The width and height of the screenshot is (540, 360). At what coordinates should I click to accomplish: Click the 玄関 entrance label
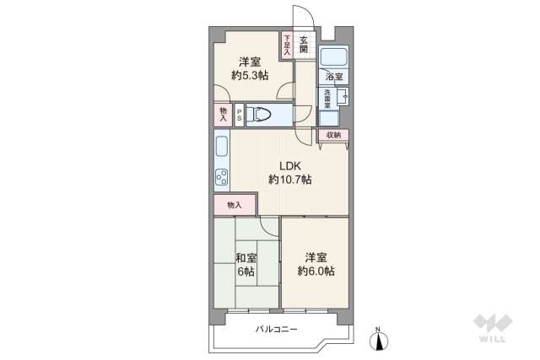305,43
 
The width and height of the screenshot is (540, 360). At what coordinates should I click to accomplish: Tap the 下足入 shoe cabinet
287,45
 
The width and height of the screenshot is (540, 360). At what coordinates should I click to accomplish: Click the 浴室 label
335,78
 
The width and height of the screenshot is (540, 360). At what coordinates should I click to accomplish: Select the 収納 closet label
332,135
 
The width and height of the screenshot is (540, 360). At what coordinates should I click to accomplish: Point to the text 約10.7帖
290,179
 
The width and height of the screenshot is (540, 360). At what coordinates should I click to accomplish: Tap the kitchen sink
221,148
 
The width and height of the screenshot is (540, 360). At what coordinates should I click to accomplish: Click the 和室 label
246,257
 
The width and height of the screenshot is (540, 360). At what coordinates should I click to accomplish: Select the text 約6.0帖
316,271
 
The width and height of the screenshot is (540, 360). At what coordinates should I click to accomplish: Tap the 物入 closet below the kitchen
235,205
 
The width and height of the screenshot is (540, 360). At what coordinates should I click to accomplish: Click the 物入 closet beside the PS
223,114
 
